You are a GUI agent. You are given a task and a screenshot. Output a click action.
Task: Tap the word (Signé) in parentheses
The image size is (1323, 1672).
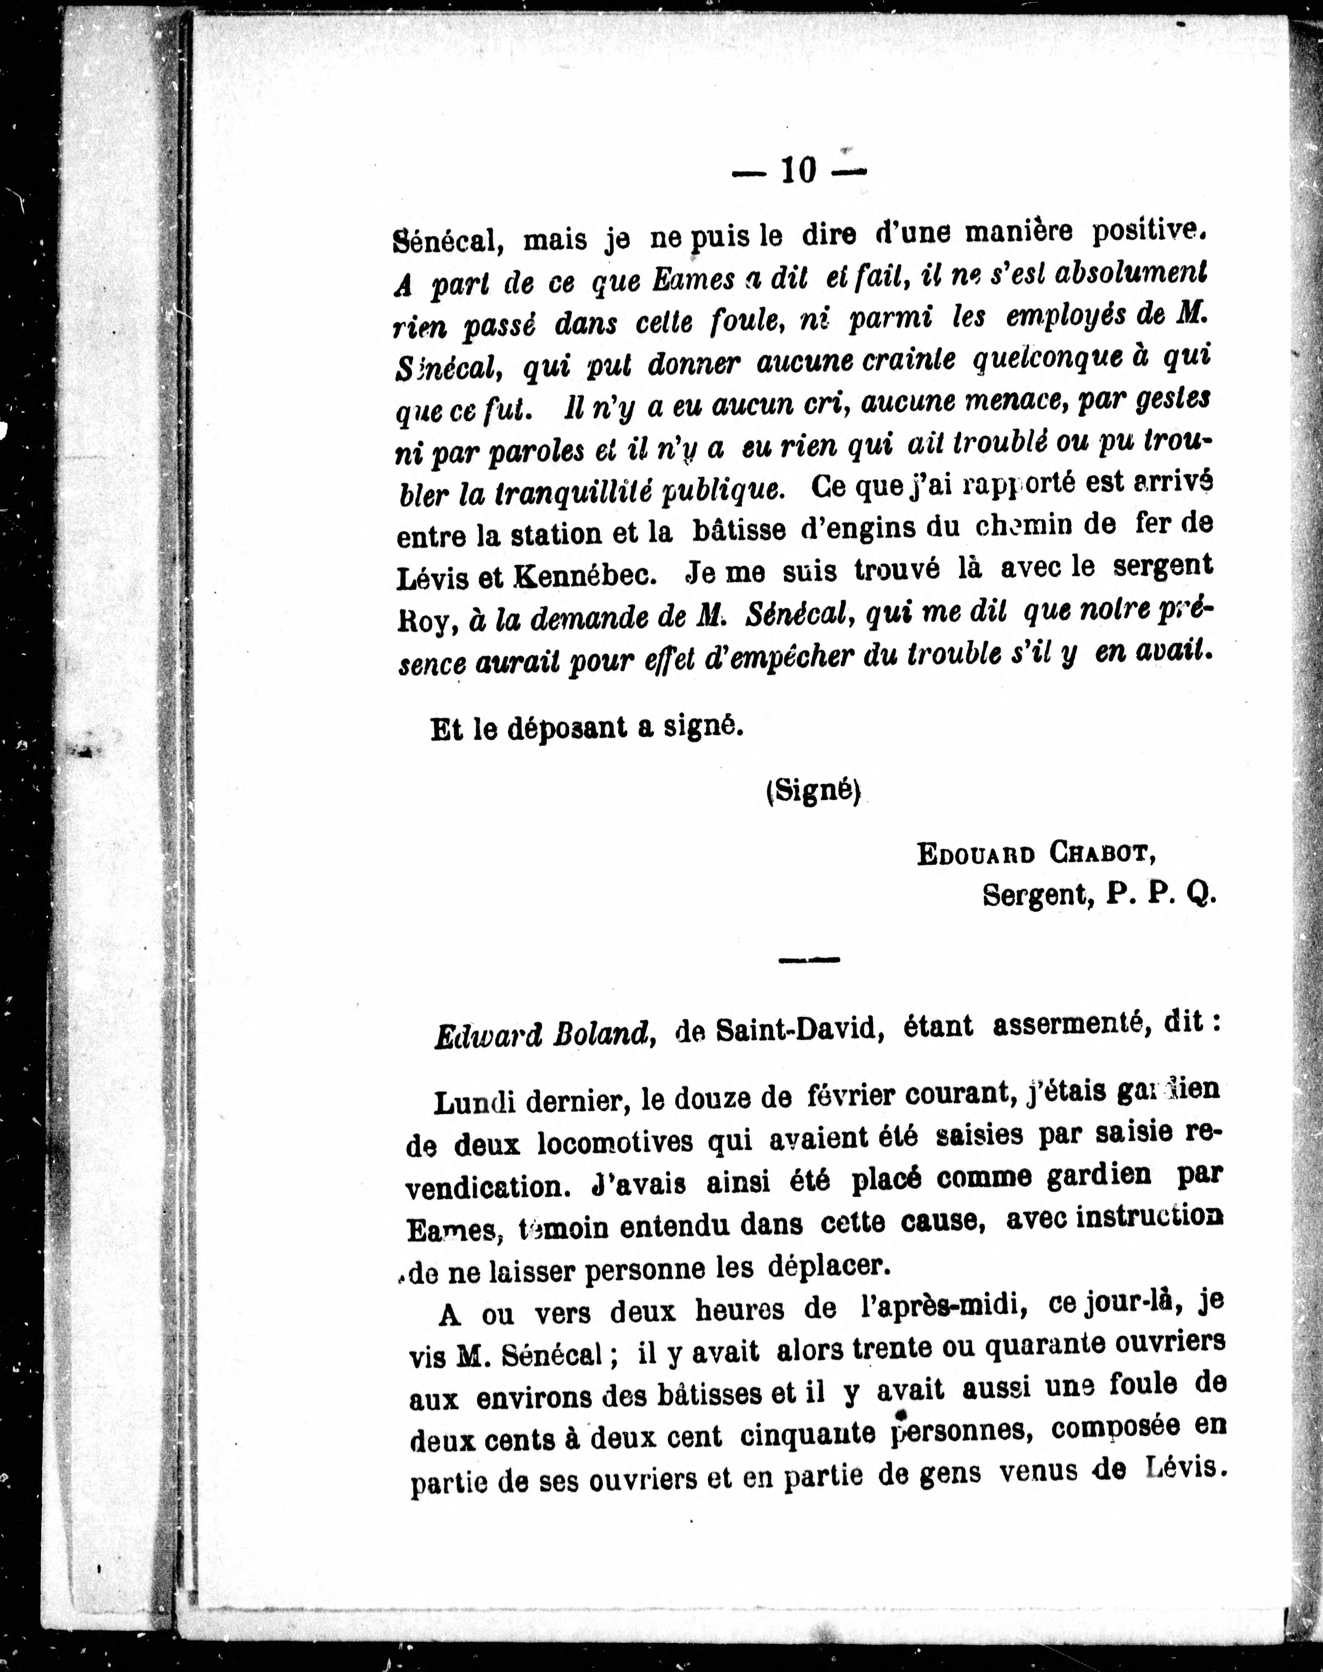tap(813, 792)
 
